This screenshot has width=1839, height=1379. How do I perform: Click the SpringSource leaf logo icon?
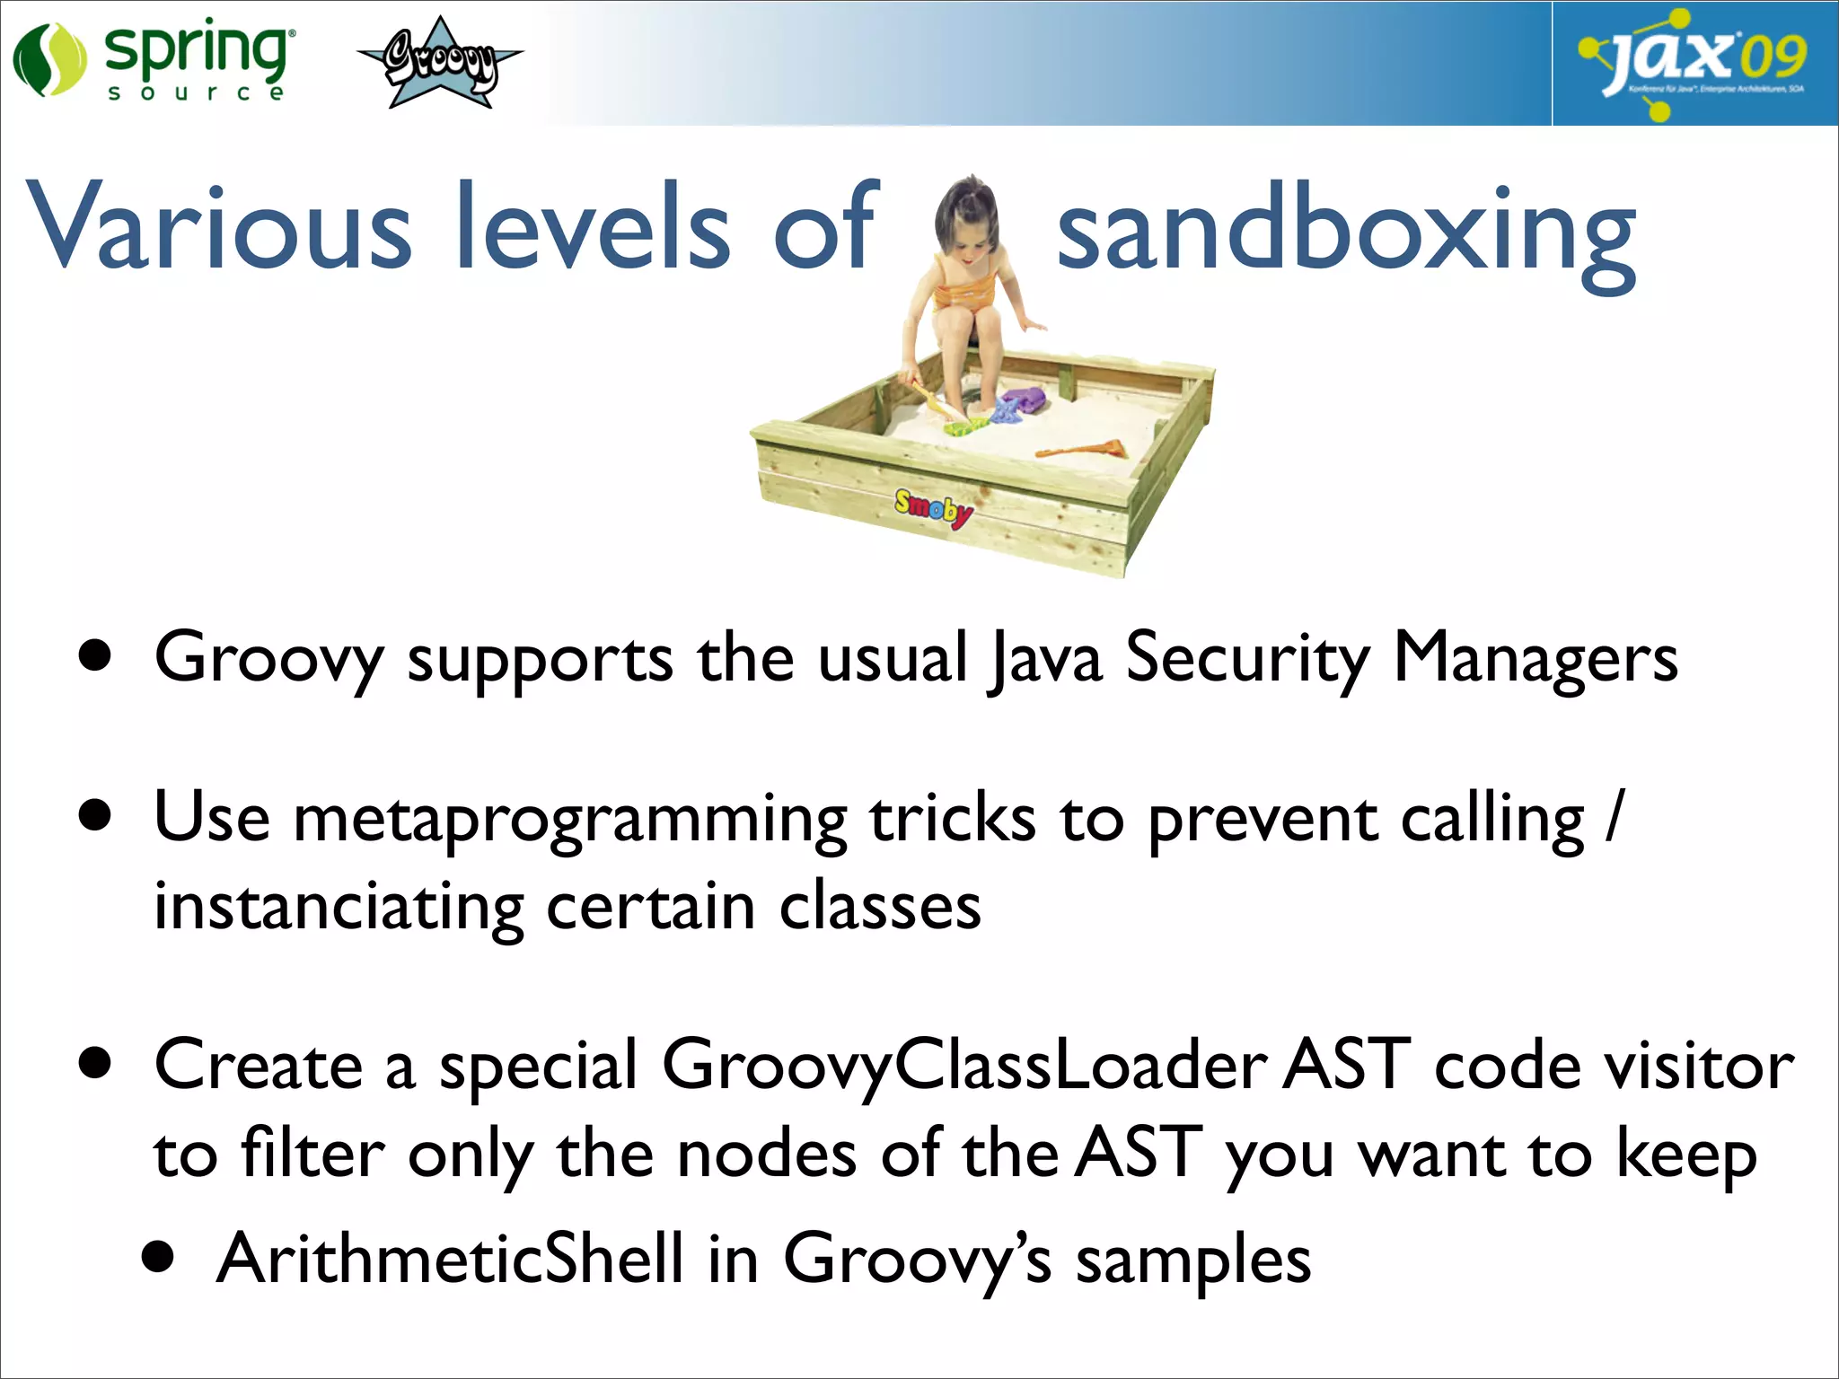coord(48,61)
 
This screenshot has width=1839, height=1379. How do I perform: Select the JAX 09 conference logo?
coord(1694,63)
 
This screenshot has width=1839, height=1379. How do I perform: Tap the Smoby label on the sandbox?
coord(933,509)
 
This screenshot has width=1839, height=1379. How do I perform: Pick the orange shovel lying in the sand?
coord(1083,449)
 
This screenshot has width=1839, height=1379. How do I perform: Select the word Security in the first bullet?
coord(1247,659)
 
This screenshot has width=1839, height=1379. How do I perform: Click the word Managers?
coord(1535,659)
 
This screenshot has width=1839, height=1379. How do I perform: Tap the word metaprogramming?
coord(569,821)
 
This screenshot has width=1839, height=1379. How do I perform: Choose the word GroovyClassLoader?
coord(964,1067)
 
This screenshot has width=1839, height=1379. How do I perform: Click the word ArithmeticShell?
coord(449,1259)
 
